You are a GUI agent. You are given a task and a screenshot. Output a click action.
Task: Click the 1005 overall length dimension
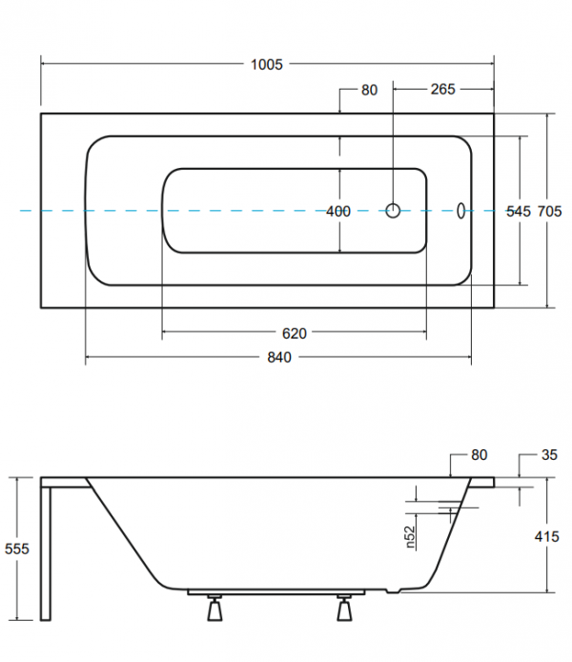267,64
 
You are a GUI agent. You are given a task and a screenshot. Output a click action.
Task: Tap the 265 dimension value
442,90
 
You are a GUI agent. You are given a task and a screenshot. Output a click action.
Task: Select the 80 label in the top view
369,90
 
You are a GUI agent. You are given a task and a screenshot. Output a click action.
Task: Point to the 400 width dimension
338,211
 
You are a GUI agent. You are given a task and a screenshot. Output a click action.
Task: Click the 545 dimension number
517,211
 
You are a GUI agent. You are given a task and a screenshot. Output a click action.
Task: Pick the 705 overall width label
549,211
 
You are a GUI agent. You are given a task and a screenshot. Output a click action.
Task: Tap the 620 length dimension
294,333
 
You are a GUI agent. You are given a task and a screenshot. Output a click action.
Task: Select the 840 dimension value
277,358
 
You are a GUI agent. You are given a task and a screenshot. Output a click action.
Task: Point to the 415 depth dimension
546,538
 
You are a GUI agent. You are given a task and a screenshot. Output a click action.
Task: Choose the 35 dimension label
548,456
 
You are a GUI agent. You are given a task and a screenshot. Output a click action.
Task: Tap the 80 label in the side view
479,456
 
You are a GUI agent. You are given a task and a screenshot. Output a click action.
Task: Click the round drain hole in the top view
393,210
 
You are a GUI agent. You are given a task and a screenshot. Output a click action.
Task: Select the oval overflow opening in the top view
461,210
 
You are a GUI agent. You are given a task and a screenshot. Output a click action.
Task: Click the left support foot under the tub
214,608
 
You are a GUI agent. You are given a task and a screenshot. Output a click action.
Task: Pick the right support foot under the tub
344,608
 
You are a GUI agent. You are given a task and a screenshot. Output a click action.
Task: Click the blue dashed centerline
124,210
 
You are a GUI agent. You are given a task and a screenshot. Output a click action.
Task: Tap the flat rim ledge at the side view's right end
481,481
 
